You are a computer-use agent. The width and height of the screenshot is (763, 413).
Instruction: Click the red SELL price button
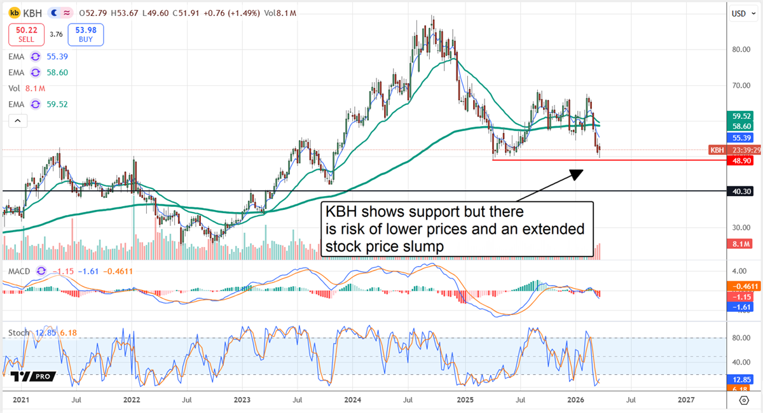26,35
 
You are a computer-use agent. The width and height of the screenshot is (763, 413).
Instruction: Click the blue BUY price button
85,35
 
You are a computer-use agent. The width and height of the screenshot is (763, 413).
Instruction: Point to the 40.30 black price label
741,191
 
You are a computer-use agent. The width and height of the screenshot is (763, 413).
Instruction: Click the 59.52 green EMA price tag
741,116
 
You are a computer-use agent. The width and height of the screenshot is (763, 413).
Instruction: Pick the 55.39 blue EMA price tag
741,137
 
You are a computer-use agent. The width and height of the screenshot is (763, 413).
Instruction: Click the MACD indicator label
19,272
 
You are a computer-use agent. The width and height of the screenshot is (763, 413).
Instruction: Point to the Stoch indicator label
19,333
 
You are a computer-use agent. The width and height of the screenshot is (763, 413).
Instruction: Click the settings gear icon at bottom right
743,400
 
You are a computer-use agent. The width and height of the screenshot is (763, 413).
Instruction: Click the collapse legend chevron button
17,120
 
